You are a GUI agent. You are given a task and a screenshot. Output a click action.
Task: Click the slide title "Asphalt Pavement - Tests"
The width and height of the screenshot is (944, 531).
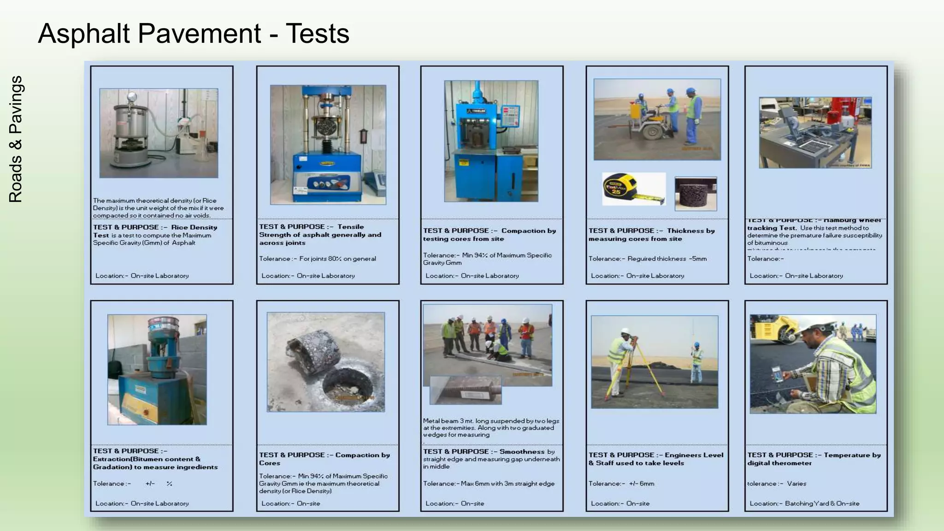(x=194, y=34)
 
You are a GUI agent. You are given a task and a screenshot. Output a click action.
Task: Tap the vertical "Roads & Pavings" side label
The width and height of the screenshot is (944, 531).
(x=16, y=139)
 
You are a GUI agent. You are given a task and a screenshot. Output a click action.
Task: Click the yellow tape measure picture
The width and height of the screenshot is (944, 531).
(x=634, y=189)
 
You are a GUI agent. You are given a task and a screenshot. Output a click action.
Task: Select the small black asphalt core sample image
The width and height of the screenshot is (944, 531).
(x=696, y=194)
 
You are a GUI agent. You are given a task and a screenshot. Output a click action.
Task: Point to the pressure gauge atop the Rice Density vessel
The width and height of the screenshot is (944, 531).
(x=132, y=97)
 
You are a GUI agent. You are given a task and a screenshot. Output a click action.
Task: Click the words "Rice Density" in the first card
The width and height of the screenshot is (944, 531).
(x=194, y=227)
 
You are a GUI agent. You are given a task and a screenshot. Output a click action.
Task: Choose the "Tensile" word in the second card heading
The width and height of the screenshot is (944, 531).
(x=350, y=227)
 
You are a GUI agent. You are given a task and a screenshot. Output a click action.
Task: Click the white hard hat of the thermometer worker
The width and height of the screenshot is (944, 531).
(x=816, y=326)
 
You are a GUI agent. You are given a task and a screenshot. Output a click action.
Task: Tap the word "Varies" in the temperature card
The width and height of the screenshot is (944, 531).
(x=796, y=484)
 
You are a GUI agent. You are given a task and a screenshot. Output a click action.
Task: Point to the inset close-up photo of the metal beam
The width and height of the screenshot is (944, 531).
(x=466, y=390)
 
